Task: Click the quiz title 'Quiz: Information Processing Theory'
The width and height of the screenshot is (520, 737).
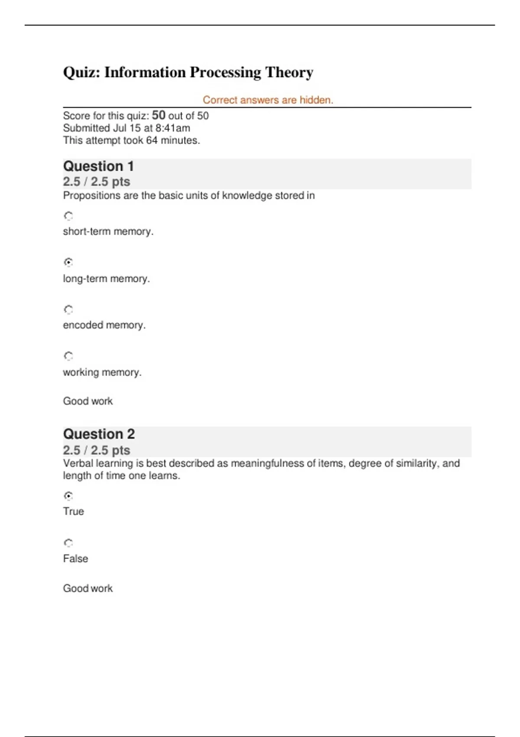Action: tap(188, 72)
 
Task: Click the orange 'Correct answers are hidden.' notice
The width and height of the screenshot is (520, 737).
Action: tap(268, 100)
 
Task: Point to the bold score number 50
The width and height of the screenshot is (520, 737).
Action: tap(159, 115)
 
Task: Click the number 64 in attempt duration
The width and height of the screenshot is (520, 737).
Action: tap(152, 140)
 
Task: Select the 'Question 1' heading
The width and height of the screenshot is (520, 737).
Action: tap(98, 166)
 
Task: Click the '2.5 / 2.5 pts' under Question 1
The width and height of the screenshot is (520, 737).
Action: tap(97, 182)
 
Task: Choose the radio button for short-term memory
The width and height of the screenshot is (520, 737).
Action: tap(68, 215)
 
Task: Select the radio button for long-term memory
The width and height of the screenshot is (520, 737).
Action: tap(68, 262)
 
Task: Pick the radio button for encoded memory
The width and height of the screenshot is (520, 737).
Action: tap(68, 310)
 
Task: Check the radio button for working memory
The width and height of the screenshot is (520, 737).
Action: tap(68, 356)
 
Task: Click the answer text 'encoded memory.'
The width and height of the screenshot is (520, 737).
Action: tap(104, 325)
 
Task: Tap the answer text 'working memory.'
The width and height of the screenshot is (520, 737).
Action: tap(102, 372)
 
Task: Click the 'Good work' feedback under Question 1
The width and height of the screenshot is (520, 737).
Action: tap(88, 401)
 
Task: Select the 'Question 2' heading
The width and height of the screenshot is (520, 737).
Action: tap(99, 434)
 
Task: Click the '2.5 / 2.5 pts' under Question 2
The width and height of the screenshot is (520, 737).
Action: tap(97, 450)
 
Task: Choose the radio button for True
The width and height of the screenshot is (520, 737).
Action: tap(68, 496)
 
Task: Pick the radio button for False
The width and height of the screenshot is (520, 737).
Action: tap(68, 543)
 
